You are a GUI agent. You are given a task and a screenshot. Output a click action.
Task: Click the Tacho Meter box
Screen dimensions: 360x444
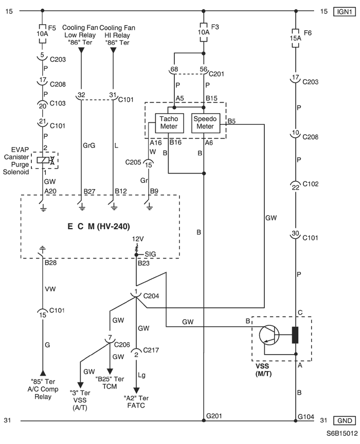(x=169, y=123)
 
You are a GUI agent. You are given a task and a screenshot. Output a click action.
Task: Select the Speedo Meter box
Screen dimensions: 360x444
(x=206, y=123)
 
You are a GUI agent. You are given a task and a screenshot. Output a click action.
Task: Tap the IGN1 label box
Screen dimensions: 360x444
(x=345, y=12)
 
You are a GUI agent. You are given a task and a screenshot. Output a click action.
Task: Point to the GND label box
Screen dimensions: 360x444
(x=345, y=420)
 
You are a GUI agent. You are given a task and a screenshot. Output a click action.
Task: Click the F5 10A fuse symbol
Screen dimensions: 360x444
(x=42, y=34)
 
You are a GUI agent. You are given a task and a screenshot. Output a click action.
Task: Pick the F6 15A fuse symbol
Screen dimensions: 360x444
(x=295, y=38)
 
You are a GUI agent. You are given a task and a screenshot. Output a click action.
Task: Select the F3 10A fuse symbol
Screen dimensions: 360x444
(x=204, y=32)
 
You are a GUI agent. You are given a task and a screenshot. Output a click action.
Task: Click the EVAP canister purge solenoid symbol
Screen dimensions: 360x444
(x=45, y=160)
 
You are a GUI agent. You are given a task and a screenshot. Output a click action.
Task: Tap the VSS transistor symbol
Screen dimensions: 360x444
(x=269, y=335)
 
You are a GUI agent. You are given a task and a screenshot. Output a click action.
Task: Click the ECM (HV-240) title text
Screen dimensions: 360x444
(x=99, y=227)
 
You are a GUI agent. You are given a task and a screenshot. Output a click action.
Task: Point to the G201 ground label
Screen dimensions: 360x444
(x=214, y=416)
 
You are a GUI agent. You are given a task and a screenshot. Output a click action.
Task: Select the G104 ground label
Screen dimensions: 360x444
(x=306, y=417)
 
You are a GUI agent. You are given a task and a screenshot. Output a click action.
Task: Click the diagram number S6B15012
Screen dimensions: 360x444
(x=342, y=434)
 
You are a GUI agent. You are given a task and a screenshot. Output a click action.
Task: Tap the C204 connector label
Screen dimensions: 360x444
(x=151, y=296)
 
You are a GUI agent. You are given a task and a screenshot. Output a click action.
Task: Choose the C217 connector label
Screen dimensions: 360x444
(x=151, y=350)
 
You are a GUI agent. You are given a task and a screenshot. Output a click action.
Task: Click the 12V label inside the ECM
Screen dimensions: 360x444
(x=138, y=239)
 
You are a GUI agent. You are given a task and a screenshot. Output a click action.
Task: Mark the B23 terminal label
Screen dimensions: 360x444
(x=143, y=263)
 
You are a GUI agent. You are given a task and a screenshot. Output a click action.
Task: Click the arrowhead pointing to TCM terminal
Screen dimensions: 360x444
(x=110, y=371)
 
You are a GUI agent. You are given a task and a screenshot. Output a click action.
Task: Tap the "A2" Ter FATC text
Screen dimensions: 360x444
(x=136, y=402)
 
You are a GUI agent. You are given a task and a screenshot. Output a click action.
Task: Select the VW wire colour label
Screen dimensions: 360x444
(x=50, y=289)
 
